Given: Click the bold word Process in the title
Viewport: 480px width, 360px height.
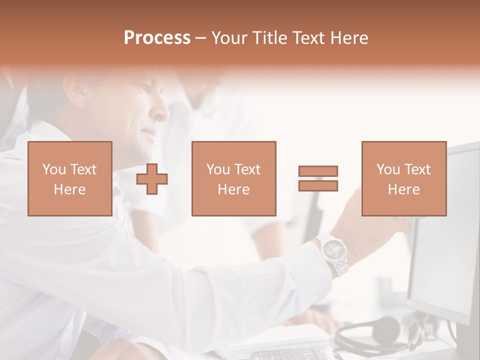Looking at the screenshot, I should pyautogui.click(x=157, y=38).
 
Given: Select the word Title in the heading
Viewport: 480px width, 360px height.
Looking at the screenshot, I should pyautogui.click(x=269, y=38).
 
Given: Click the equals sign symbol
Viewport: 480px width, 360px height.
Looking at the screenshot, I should pyautogui.click(x=318, y=178).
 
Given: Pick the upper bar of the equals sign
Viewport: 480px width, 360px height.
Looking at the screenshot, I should pyautogui.click(x=318, y=171).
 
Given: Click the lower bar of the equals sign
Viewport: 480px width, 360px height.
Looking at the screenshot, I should pyautogui.click(x=318, y=185).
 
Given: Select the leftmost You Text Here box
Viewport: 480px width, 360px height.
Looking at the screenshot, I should pyautogui.click(x=69, y=178).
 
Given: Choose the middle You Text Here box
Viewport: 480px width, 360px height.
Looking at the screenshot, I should pyautogui.click(x=233, y=178).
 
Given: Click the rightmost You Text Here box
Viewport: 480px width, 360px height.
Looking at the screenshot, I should pyautogui.click(x=403, y=178).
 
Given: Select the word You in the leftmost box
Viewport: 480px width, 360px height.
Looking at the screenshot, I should pyautogui.click(x=53, y=169).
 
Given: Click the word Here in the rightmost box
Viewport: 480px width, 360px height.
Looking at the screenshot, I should pyautogui.click(x=403, y=189).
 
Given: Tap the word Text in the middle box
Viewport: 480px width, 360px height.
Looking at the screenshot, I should pyautogui.click(x=247, y=169).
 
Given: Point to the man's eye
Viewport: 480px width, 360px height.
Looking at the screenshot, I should pyautogui.click(x=145, y=88).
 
